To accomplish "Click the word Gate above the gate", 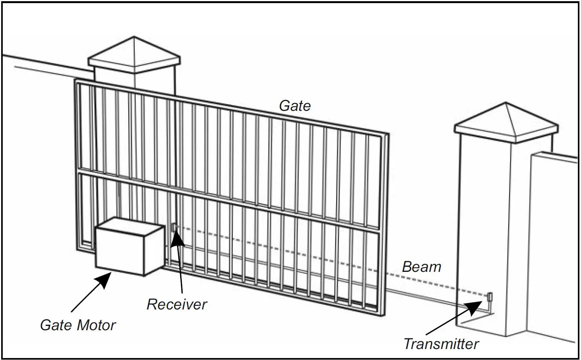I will (x=295, y=106).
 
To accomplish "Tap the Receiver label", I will (x=177, y=304).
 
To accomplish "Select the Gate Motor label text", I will (x=78, y=325).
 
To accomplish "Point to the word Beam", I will (x=422, y=267).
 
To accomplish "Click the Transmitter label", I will (x=441, y=344).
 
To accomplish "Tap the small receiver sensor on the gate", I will (x=174, y=227).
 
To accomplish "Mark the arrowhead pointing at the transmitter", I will (x=476, y=307).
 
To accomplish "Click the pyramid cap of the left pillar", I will (x=134, y=55).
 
